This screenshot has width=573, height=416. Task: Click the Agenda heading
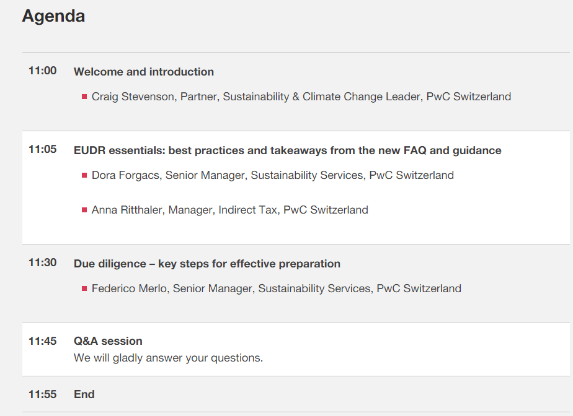(x=53, y=17)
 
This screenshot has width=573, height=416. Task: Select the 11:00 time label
(x=42, y=71)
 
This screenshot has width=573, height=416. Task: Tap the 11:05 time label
(x=42, y=149)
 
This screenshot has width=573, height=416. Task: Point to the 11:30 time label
(x=42, y=262)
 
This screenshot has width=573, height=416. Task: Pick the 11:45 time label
(x=42, y=341)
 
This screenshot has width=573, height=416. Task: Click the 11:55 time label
(x=42, y=394)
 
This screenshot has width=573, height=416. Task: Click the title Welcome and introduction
(x=144, y=72)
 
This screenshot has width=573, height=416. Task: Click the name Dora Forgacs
(x=125, y=176)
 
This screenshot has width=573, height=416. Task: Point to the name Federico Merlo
(x=130, y=288)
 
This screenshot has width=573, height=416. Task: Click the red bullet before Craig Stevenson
(x=84, y=97)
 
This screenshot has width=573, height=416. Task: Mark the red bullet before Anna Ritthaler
(x=84, y=210)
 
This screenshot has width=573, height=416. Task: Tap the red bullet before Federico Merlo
(x=84, y=288)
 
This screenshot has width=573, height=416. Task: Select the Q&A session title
(x=108, y=341)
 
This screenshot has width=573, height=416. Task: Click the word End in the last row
(x=84, y=394)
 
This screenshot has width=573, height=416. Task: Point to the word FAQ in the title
(x=415, y=150)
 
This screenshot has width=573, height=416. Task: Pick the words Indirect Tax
(x=247, y=210)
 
